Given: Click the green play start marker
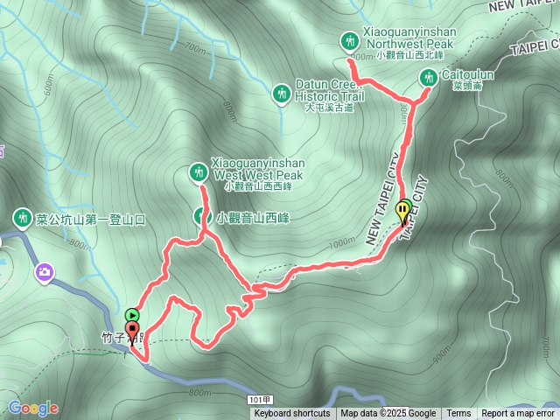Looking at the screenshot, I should (132, 315).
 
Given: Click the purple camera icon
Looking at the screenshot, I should (44, 274).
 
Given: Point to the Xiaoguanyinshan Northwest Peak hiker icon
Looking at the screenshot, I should (350, 41).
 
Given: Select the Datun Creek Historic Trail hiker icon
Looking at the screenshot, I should (281, 92).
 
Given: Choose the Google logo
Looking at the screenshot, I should (32, 408).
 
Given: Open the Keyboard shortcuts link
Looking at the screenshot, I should (292, 414).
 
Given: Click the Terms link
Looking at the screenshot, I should (458, 414).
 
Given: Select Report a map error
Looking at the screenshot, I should (518, 414).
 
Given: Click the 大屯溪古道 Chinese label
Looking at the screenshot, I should (329, 108).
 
